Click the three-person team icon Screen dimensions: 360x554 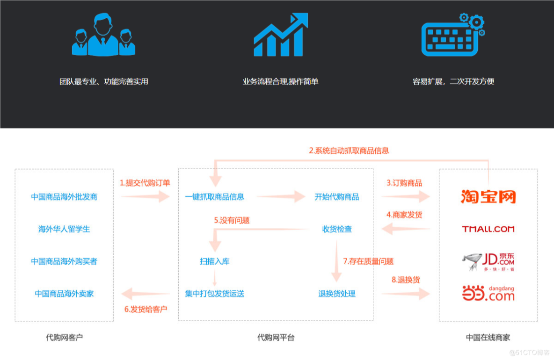(x=103, y=36)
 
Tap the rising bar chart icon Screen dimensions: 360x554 (x=281, y=36)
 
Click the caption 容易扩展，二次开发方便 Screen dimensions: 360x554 (x=453, y=81)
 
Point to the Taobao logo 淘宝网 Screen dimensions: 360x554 (x=488, y=196)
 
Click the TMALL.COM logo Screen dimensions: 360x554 (x=488, y=229)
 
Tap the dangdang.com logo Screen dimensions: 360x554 (x=488, y=294)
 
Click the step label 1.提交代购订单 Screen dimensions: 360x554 (x=145, y=183)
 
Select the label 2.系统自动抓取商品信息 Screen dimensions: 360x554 (x=349, y=151)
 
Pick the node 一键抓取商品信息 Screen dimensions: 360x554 (x=214, y=197)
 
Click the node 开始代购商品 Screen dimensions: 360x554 (x=337, y=197)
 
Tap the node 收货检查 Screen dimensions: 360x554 (x=337, y=229)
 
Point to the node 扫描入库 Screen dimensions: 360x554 (x=214, y=261)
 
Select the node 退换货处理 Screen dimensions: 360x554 (x=337, y=294)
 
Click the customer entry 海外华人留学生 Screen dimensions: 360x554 (x=64, y=229)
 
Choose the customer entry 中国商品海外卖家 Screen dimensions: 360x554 (x=64, y=294)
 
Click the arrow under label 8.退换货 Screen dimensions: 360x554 (x=405, y=294)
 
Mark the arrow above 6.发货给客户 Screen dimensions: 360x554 (x=145, y=294)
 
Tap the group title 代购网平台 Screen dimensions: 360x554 (x=276, y=337)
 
